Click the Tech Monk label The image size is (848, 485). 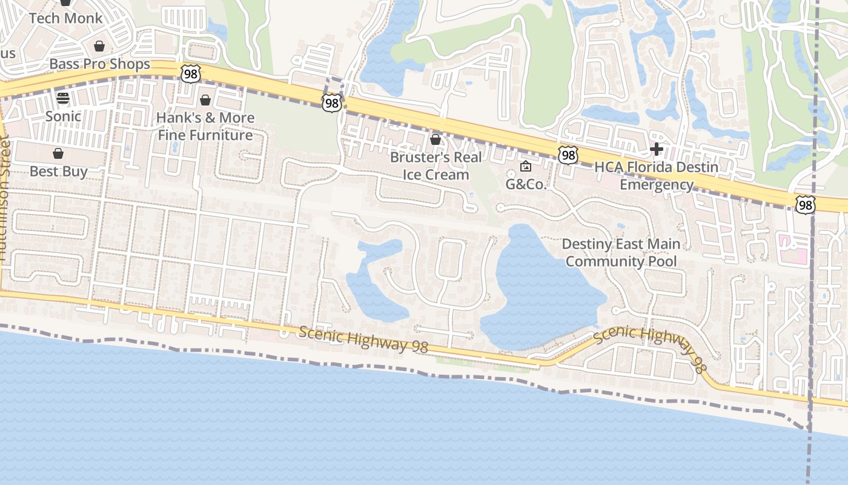[66, 18]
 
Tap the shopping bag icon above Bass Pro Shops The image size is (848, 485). [99, 47]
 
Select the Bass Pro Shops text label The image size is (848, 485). [99, 64]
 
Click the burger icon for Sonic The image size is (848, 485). [63, 98]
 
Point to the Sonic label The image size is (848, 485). [63, 116]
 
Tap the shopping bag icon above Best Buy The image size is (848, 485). [58, 153]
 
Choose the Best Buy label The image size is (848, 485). [58, 172]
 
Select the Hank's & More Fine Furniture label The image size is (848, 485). [205, 126]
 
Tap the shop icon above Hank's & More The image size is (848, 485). [205, 100]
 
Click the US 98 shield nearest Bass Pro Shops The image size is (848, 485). [190, 73]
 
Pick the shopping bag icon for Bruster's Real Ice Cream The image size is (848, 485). [435, 140]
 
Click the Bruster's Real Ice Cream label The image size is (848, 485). [436, 166]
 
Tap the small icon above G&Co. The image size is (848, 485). [526, 166]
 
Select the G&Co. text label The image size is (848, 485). [526, 184]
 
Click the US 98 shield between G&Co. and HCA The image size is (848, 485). [568, 155]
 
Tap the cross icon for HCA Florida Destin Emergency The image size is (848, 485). [656, 149]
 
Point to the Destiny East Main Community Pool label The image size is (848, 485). [621, 253]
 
